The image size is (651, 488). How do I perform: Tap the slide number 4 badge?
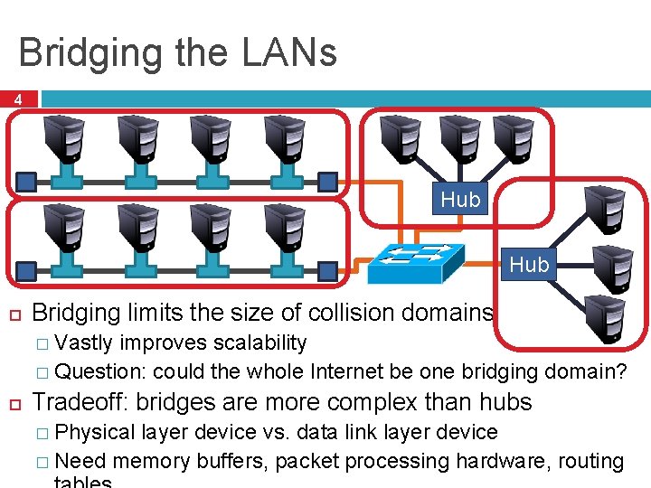(18, 100)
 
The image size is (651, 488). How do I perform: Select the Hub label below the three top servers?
(460, 200)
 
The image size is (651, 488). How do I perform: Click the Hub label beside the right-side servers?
(529, 264)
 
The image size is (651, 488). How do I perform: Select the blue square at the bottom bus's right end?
(329, 269)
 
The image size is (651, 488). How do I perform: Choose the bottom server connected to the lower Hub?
(605, 321)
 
